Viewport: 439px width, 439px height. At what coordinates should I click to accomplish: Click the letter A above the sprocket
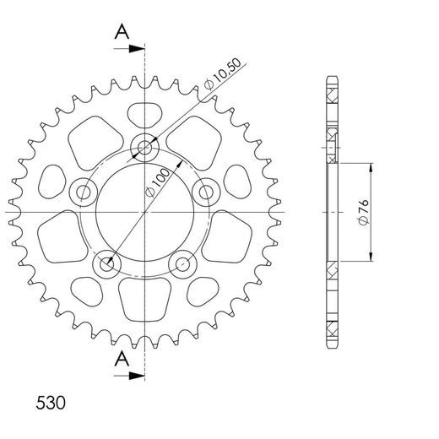click(x=122, y=32)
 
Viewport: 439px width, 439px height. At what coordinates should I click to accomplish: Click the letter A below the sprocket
click(x=122, y=359)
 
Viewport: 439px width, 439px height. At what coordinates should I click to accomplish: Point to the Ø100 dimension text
click(x=160, y=182)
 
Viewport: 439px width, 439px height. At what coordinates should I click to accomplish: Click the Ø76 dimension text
click(x=361, y=212)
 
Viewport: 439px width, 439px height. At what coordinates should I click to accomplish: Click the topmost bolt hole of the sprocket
click(x=145, y=148)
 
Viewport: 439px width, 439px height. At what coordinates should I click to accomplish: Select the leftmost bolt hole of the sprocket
click(x=84, y=192)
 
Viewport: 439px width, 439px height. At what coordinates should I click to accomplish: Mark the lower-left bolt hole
click(x=107, y=264)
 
